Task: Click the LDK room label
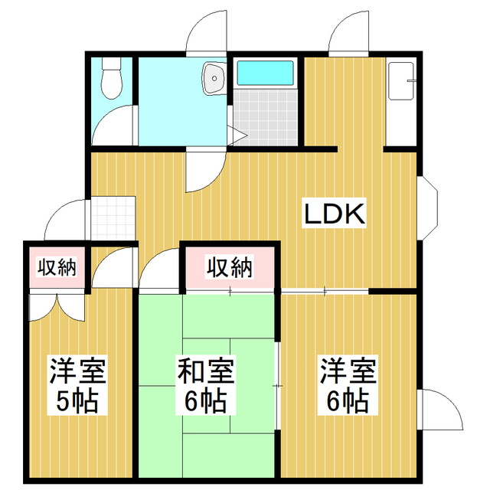(335, 214)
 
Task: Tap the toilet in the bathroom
(113, 79)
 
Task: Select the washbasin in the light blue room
(213, 77)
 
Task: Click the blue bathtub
(266, 73)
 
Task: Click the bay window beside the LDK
(427, 207)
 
